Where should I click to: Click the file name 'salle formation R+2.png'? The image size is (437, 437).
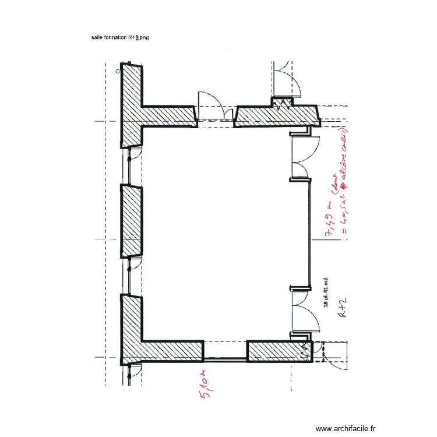point(120,37)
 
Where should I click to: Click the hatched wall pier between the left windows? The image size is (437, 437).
point(131,221)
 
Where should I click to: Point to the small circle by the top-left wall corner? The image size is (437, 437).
point(118,71)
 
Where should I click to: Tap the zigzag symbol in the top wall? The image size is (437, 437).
point(286,105)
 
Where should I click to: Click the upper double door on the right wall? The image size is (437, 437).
point(302,156)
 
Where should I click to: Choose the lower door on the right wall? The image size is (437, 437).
point(301,311)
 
